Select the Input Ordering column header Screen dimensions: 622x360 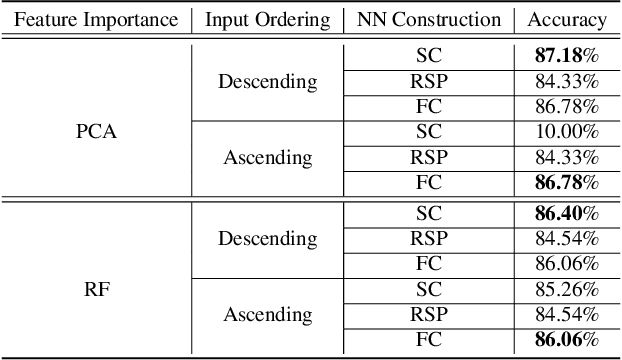tap(267, 19)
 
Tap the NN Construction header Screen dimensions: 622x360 tap(428, 19)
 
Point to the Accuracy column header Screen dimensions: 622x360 tap(566, 19)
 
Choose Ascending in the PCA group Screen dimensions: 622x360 tap(267, 157)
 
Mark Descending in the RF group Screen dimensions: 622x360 tap(267, 239)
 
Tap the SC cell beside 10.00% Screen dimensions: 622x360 tap(428, 131)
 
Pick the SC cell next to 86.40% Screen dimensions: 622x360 tap(428, 214)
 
